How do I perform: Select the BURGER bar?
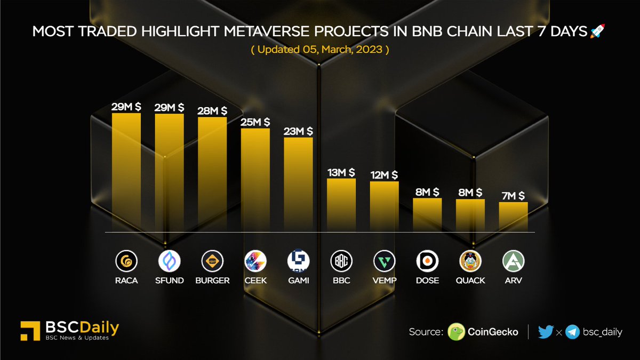click(212, 174)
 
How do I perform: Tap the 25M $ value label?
click(255, 122)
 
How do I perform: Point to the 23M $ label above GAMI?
click(298, 131)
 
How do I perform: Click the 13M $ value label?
click(341, 172)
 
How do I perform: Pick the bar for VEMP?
click(384, 206)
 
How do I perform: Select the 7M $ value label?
click(513, 196)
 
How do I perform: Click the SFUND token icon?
click(170, 261)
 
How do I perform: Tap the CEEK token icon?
click(255, 261)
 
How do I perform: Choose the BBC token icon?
click(341, 261)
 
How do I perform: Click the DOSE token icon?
click(427, 261)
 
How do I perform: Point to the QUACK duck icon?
click(470, 261)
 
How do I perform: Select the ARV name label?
click(513, 281)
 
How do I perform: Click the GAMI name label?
click(298, 281)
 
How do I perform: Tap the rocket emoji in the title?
click(597, 32)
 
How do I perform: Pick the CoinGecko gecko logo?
click(456, 332)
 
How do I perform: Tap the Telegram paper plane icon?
click(573, 332)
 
